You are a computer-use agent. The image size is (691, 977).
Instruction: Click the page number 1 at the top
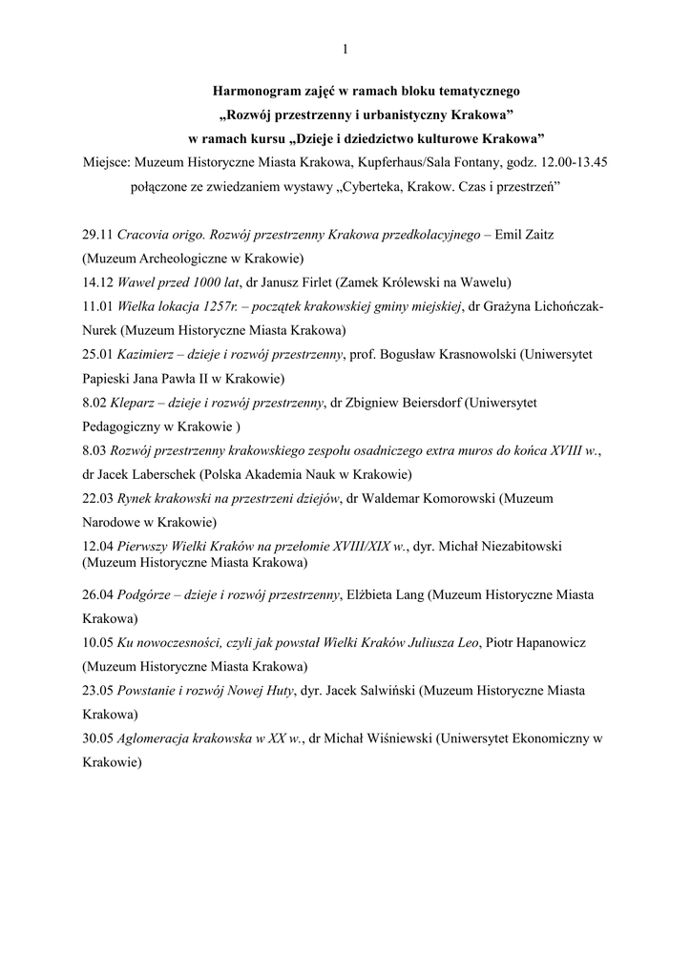point(345,49)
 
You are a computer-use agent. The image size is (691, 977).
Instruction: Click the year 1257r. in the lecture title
point(219,305)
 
